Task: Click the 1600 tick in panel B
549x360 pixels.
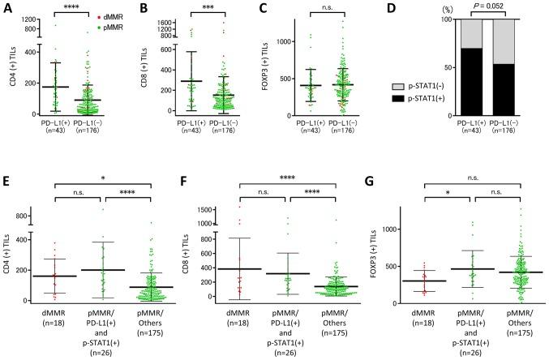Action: click(153, 24)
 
